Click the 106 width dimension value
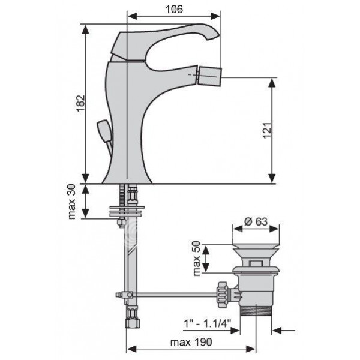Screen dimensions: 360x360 pos(174,10)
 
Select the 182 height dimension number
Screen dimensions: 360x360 pos(81,103)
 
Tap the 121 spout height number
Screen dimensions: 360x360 pos(267,130)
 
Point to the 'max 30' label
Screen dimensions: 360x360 pos(72,202)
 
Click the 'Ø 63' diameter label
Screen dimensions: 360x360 pos(256,221)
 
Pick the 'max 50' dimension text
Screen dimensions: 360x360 pos(197,258)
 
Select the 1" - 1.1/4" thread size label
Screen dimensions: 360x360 pos(207,324)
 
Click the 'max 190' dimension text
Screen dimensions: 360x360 pos(191,342)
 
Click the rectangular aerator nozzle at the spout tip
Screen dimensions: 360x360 pos(209,76)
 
